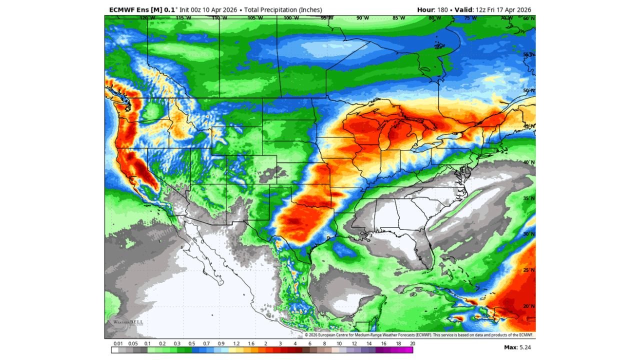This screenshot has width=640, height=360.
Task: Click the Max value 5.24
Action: [x=524, y=346]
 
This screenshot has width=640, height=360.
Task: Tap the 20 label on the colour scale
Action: [x=412, y=343]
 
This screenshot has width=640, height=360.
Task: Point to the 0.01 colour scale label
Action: [x=118, y=343]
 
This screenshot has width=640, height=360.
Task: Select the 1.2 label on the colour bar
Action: [x=236, y=343]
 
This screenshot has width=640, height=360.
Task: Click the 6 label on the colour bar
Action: [x=309, y=343]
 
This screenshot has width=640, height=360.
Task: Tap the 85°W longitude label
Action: [x=399, y=18]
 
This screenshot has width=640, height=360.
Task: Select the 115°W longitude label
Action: [x=183, y=18]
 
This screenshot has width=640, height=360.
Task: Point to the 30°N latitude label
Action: [x=528, y=233]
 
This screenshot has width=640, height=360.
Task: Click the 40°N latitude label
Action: [x=528, y=162]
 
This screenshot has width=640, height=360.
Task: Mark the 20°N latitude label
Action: [x=528, y=306]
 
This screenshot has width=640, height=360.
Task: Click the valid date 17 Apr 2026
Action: [x=510, y=10]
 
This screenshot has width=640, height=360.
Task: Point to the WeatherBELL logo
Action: [x=128, y=322]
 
